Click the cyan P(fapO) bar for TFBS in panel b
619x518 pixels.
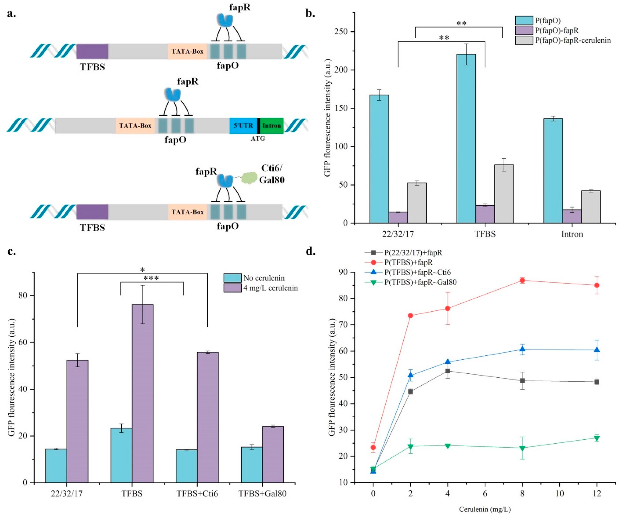pos(466,138)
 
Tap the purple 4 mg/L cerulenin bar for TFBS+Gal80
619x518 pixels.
pos(273,454)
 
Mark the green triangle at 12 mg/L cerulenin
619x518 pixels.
pos(597,438)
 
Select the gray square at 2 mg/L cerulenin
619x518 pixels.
pos(410,391)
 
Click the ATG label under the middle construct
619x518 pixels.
pos(258,138)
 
